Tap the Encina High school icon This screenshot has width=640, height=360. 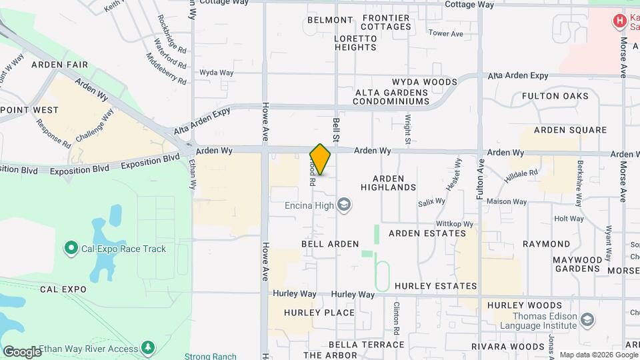click(344, 205)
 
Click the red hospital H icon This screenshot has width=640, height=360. click(620, 21)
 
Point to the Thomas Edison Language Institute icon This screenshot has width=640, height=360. click(587, 321)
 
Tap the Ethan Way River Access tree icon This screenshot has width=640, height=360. click(147, 348)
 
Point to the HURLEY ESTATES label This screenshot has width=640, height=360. click(436, 286)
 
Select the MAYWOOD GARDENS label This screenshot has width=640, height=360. click(577, 263)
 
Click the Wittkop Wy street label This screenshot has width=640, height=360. click(454, 224)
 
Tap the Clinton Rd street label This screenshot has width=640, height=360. click(396, 317)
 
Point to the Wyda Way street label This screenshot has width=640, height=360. click(217, 73)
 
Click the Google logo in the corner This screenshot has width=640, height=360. click(22, 351)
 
